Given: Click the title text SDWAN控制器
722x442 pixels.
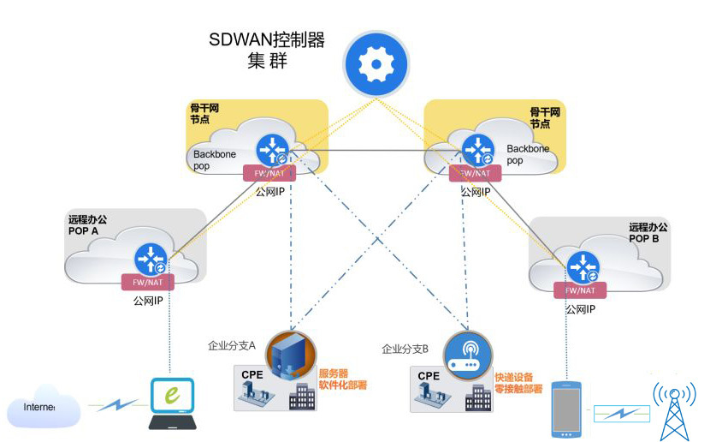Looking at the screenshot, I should [x=266, y=41].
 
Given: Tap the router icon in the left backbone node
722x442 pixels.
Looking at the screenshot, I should [x=275, y=149].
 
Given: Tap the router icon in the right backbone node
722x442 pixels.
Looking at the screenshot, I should [x=477, y=149].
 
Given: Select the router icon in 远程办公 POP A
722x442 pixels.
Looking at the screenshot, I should [x=150, y=259].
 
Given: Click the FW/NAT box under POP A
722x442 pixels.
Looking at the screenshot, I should [x=147, y=283].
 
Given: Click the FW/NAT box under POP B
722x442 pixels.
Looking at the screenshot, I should [x=585, y=290].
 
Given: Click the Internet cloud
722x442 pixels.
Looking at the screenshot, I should [x=43, y=408].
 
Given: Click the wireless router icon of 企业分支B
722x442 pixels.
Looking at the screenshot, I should [x=466, y=352].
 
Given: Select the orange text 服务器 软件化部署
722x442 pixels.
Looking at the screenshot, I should [x=343, y=379].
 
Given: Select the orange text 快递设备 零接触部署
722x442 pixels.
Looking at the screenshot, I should [x=518, y=382].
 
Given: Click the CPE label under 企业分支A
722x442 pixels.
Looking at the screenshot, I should [x=252, y=374].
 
